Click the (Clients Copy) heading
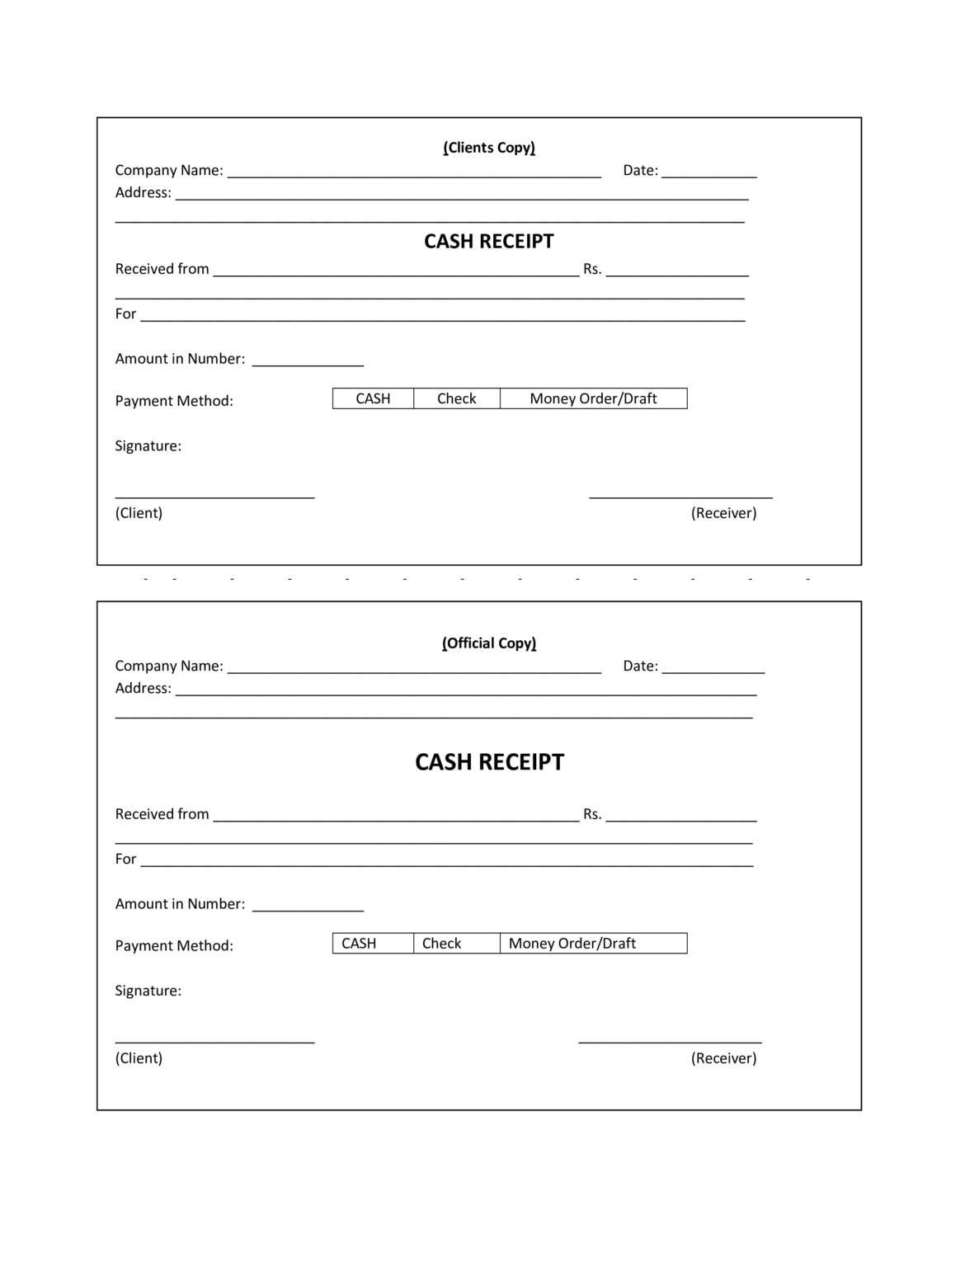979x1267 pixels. [x=489, y=148]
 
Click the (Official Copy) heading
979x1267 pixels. [x=489, y=643]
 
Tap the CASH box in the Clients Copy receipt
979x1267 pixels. [x=373, y=399]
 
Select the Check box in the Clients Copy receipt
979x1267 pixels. [x=457, y=399]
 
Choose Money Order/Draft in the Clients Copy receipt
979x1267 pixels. [x=593, y=399]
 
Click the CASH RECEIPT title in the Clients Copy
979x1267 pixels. [x=489, y=242]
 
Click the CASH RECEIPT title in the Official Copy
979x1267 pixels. [x=489, y=762]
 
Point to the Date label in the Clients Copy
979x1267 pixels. [x=640, y=171]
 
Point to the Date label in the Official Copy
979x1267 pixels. [x=640, y=666]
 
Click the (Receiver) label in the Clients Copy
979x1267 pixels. [x=723, y=513]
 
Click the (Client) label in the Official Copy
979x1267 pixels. [x=139, y=1058]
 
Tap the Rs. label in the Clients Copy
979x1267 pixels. [x=592, y=269]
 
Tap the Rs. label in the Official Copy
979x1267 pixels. [x=592, y=814]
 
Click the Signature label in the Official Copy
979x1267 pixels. [x=148, y=991]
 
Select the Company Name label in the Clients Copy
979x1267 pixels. [x=169, y=171]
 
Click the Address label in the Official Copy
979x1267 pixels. [x=143, y=689]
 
